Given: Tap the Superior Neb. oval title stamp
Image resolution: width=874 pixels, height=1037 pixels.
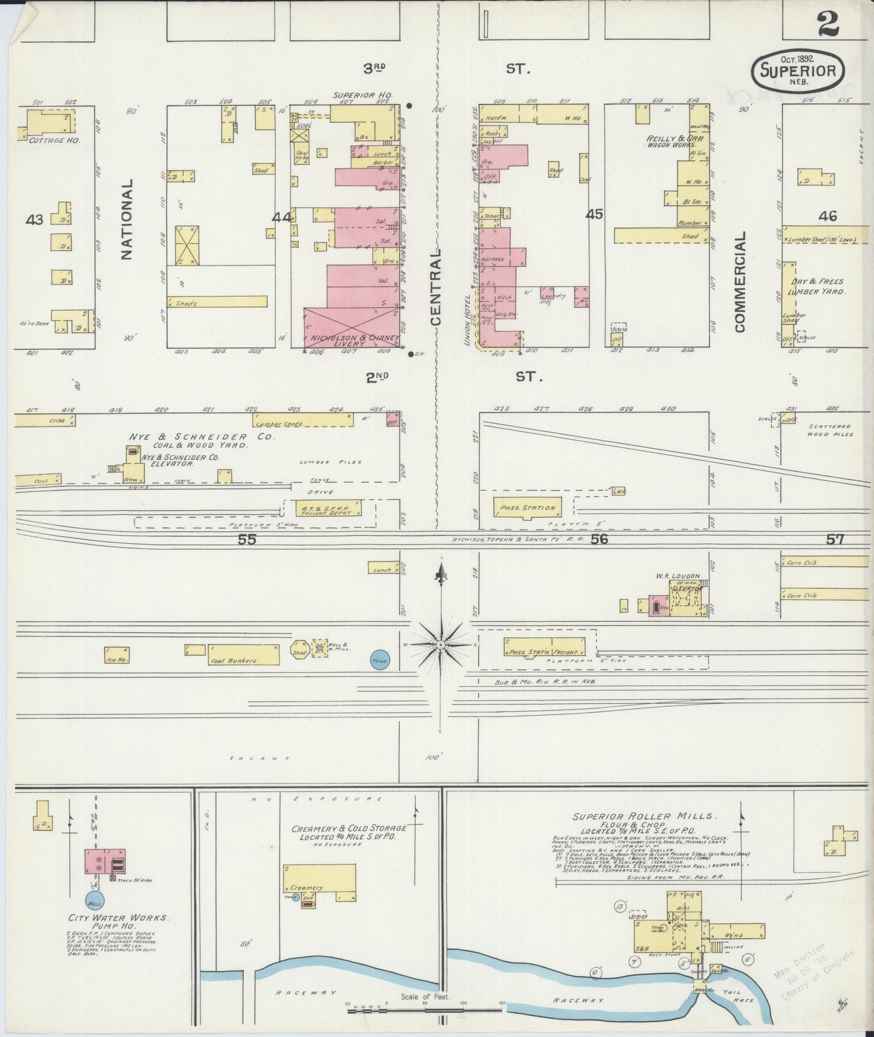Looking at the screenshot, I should pos(798,70).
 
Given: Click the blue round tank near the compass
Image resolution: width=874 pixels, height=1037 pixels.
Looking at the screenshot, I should pos(380,660).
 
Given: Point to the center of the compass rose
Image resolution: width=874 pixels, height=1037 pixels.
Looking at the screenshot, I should pos(442,645).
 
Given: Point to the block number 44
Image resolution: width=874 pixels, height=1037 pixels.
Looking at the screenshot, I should pos(281,217).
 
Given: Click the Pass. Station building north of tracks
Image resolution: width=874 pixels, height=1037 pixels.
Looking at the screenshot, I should pos(525,508).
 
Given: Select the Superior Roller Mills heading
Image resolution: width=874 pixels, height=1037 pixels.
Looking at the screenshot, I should pos(645,816).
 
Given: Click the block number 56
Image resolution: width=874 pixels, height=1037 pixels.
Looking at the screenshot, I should pos(599,539).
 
